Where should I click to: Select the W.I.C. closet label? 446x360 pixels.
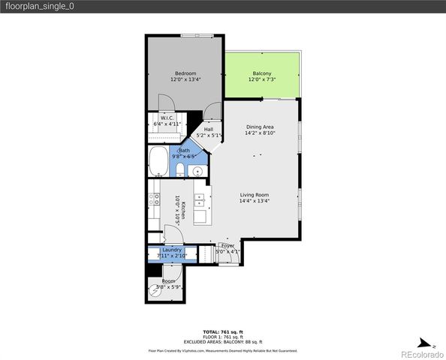(167, 118)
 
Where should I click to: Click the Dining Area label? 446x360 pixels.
(260, 127)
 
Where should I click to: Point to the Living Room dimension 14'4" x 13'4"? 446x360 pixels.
(254, 201)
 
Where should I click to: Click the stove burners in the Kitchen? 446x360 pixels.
(153, 199)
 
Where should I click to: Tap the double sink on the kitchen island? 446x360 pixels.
(200, 200)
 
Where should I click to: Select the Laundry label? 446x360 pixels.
(172, 250)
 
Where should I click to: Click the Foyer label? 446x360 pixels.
(228, 245)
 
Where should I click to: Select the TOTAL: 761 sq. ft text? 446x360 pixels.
(222, 331)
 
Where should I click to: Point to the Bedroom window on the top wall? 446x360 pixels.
(201, 34)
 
